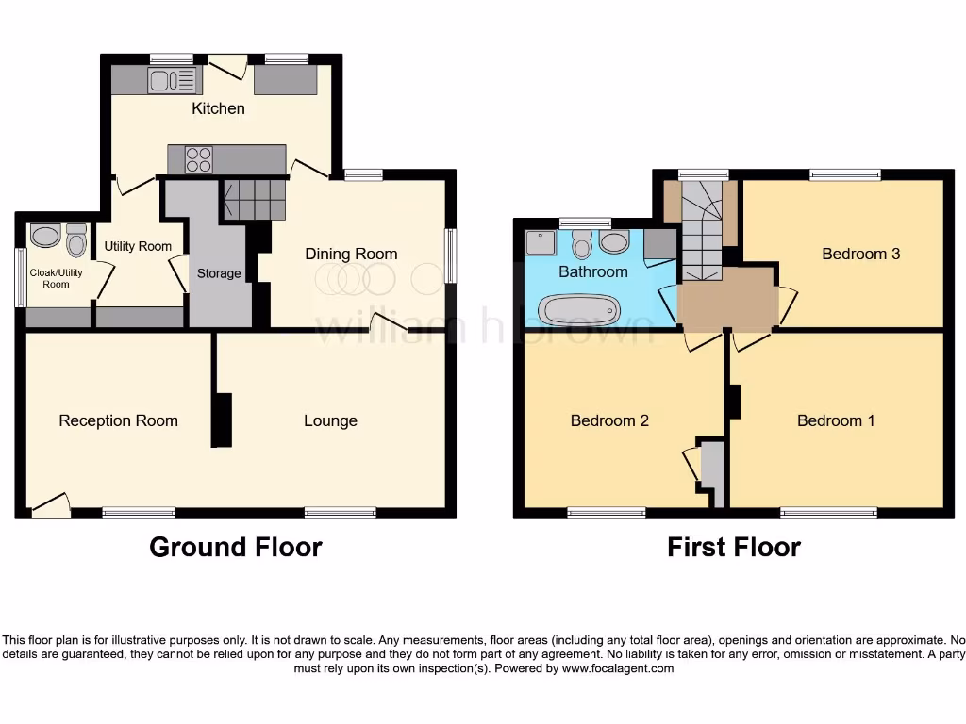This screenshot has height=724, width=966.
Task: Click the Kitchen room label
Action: [x=218, y=108]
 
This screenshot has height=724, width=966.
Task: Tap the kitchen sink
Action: [x=172, y=81]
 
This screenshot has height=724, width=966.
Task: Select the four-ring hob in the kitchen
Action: [x=199, y=160]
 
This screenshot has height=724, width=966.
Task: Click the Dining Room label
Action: [x=351, y=254]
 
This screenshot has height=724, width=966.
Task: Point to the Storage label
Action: [x=219, y=273]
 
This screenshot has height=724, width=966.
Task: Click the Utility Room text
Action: [x=138, y=246]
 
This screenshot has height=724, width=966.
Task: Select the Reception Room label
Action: [x=118, y=420]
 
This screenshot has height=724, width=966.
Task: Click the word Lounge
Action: [x=330, y=420]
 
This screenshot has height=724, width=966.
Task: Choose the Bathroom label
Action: [x=592, y=271]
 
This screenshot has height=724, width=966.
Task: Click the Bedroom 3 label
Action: [x=860, y=254]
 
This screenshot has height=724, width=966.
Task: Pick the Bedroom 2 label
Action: [x=609, y=420]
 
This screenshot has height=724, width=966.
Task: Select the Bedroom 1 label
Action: [x=836, y=420]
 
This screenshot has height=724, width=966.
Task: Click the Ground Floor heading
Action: [x=236, y=547]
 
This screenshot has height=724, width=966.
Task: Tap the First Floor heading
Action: [x=734, y=547]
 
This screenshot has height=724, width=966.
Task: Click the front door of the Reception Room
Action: [x=51, y=507]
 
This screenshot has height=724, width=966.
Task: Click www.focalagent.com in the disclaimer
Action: [x=617, y=668]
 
